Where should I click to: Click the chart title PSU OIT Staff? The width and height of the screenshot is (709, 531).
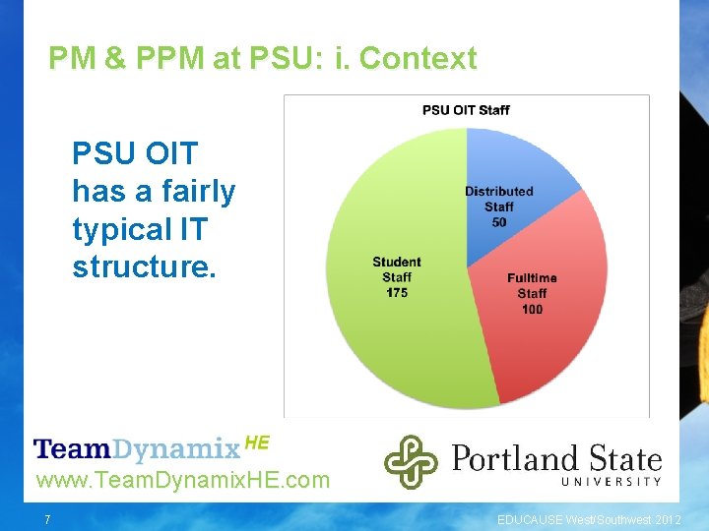click(466, 109)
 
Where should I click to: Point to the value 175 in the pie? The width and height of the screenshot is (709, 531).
click(397, 293)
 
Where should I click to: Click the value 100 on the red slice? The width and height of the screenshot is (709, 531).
click(532, 310)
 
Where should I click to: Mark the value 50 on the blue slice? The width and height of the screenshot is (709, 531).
click(499, 222)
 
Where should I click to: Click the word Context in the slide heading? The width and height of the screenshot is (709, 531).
click(419, 59)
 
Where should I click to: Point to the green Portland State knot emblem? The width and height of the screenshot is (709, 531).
click(411, 461)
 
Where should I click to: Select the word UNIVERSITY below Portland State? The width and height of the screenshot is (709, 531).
click(611, 482)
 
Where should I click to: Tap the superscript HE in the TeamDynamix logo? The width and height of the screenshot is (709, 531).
click(256, 442)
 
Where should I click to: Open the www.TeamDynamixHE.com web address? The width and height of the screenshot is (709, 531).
click(182, 481)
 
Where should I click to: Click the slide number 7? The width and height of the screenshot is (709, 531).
click(46, 518)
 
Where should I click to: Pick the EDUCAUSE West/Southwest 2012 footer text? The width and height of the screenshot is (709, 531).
click(588, 518)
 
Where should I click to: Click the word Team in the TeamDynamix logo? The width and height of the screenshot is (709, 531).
click(71, 450)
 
